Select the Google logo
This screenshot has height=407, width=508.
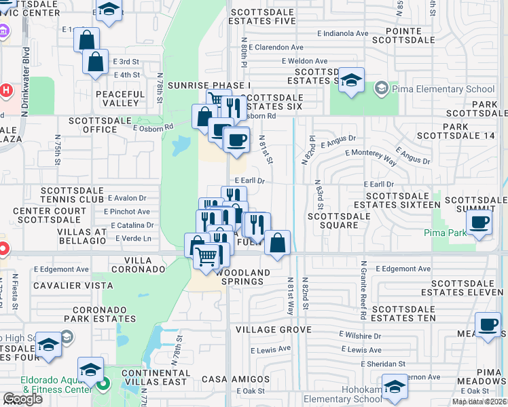coord(22,399)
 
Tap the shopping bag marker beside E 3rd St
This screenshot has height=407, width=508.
coord(95,62)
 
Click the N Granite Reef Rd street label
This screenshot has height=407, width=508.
coord(364,290)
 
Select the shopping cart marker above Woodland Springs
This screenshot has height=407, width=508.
coord(208,257)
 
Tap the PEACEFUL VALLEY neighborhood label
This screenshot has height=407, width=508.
coord(120,99)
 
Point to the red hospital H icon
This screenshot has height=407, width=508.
coord(6,90)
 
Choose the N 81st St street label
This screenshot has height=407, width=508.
coord(265,149)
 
